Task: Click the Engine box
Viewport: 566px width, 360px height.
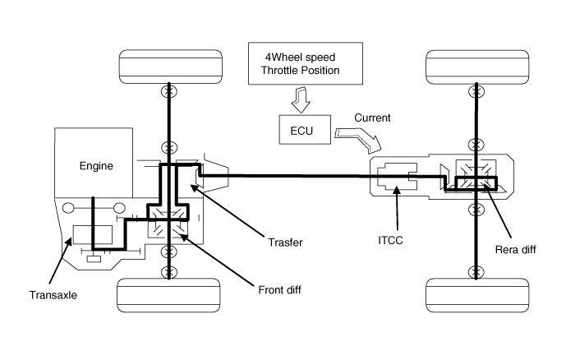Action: coord(94,163)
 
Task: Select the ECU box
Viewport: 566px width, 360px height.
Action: coord(305,130)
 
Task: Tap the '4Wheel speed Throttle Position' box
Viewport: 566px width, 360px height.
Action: coord(306,63)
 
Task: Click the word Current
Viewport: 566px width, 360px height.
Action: coord(372,118)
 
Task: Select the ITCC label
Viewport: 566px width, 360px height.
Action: coord(390,240)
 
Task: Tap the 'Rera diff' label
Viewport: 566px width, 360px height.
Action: coord(515,250)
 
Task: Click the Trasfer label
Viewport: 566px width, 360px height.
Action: coord(285,242)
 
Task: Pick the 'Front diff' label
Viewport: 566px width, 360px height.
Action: coord(279,289)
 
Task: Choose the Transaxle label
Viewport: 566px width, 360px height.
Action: coord(53,295)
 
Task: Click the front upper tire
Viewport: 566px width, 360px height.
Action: coord(170,67)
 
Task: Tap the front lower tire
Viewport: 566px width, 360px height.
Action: coord(168,295)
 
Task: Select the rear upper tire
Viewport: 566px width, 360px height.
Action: coord(477,67)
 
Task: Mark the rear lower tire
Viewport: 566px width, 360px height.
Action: coord(477,295)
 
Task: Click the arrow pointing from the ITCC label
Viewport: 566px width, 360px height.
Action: coord(397,208)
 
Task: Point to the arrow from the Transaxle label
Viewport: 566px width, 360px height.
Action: coord(60,261)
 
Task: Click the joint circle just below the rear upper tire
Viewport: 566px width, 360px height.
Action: coord(476,91)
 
